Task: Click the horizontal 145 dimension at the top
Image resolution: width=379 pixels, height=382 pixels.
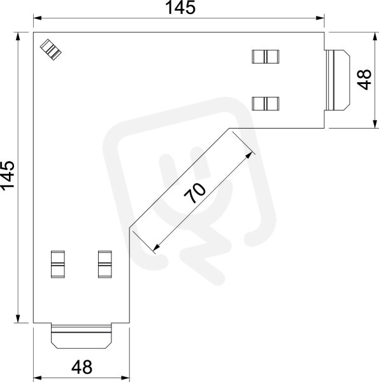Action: pos(180,8)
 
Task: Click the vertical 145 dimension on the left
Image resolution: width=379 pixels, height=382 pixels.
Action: pos(8,174)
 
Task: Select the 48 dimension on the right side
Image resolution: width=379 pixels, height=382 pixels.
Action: pos(364,80)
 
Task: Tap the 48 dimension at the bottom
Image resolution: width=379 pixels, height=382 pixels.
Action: pos(82,367)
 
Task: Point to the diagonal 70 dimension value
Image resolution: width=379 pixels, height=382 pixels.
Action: pos(195,193)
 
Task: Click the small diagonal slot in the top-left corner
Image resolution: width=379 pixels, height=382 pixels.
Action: pos(51,50)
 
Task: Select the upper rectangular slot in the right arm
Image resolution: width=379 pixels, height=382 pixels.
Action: pos(266,57)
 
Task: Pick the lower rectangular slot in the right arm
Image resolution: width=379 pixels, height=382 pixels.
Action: pos(266,104)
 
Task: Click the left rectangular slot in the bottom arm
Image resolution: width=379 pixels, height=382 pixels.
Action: pos(58,264)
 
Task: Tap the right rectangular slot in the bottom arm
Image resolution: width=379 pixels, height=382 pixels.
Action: pos(105,264)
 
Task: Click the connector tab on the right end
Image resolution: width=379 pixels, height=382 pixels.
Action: pos(338,80)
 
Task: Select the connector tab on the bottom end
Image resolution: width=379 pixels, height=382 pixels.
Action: pos(82,336)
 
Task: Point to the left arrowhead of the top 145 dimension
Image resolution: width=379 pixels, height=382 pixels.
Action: pos(38,18)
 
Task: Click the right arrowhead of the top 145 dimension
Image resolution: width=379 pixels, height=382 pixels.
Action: pos(320,18)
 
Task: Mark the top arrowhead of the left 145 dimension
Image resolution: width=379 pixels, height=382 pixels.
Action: pos(18,36)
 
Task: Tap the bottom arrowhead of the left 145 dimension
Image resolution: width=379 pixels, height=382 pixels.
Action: pos(18,319)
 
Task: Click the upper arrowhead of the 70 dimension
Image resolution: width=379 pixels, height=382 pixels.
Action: pos(249,155)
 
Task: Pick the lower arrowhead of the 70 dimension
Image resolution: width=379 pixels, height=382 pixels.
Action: pos(157,247)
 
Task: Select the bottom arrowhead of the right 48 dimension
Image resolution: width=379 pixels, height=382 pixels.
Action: pos(375,124)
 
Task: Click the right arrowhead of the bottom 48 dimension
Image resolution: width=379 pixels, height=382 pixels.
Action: pos(125,378)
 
